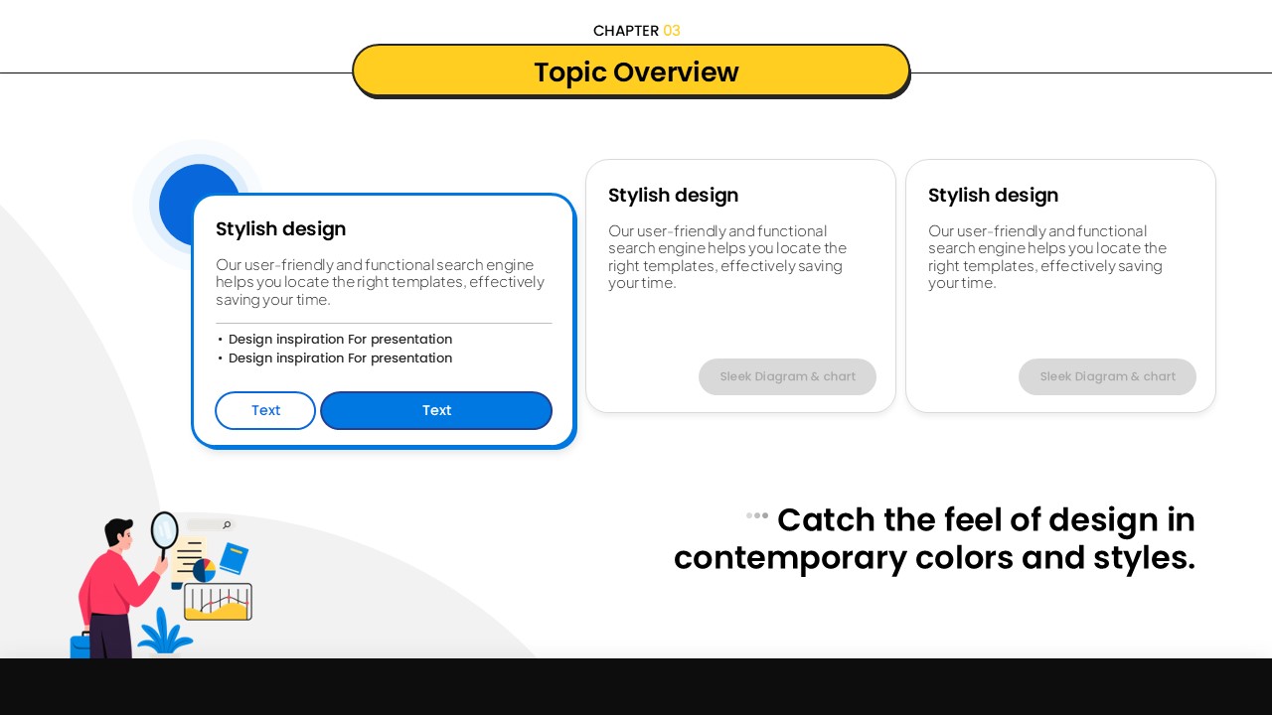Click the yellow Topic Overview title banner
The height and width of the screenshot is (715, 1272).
pos(631,71)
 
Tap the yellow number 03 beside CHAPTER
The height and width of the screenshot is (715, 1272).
pos(671,31)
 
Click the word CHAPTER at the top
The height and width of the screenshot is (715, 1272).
pos(626,31)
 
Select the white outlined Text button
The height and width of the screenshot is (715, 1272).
pos(265,410)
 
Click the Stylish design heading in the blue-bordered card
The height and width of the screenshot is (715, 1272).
pos(280,229)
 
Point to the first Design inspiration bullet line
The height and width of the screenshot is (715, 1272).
pos(335,339)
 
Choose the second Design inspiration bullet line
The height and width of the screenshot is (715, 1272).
pos(335,358)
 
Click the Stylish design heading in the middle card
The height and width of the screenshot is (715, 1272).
pos(673,196)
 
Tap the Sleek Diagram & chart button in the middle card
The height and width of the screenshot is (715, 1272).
pos(787,376)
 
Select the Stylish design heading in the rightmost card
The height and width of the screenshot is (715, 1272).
pos(993,196)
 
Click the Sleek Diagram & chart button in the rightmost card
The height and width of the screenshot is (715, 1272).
pos(1107,376)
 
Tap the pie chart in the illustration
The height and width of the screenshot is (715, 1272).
pos(204,570)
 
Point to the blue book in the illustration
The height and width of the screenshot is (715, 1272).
pos(234,558)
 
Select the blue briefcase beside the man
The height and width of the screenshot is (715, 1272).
pos(80,645)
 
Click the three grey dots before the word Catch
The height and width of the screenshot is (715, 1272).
pos(757,515)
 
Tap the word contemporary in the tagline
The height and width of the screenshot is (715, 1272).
pos(790,558)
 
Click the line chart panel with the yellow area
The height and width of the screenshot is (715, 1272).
pos(218,602)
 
